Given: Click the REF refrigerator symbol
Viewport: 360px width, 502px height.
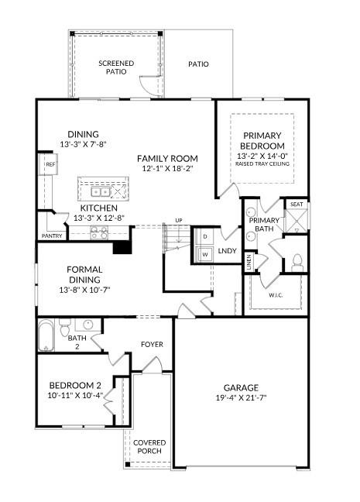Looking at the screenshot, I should click(x=49, y=165).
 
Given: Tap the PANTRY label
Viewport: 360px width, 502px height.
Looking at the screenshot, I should click(x=52, y=236).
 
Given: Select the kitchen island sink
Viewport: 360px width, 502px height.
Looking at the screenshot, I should click(x=99, y=191).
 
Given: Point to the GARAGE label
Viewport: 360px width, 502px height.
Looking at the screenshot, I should click(x=242, y=387).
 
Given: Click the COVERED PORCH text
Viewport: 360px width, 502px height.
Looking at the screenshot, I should click(x=149, y=448).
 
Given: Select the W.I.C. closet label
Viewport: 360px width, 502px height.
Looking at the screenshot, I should click(x=276, y=294).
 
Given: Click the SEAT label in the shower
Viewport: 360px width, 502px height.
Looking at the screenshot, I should click(x=296, y=205).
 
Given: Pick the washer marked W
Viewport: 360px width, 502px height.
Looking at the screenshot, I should click(x=205, y=253).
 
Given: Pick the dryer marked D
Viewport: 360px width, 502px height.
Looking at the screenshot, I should click(x=205, y=236).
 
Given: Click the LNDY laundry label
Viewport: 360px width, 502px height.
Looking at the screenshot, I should click(x=227, y=250).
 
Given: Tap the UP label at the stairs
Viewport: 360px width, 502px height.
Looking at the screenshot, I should click(x=179, y=219).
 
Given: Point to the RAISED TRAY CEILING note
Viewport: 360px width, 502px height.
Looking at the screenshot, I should click(x=263, y=164).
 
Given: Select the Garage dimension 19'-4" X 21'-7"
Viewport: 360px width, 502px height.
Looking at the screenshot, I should click(x=242, y=399).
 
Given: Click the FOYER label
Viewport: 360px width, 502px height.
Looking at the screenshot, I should click(x=152, y=344).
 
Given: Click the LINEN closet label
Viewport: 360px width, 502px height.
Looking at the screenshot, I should click(x=249, y=262).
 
